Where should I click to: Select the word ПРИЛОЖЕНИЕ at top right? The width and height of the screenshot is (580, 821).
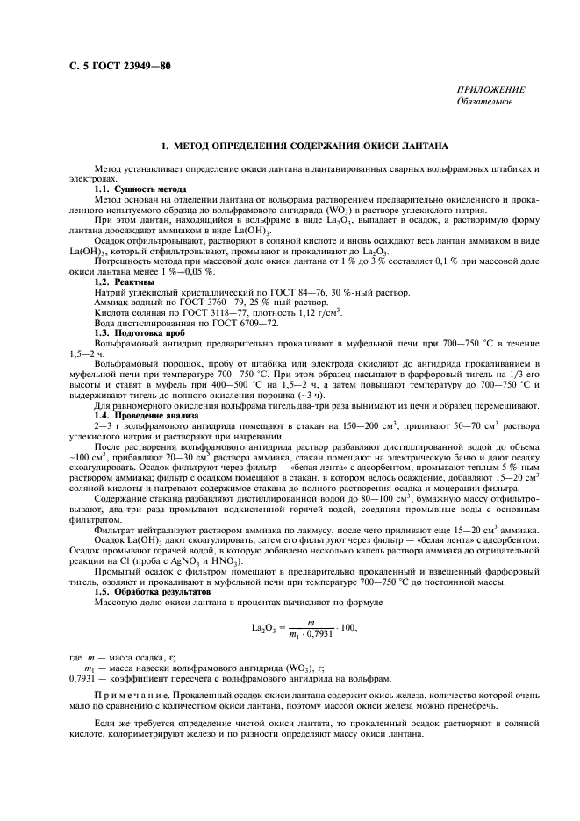click(491, 90)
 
